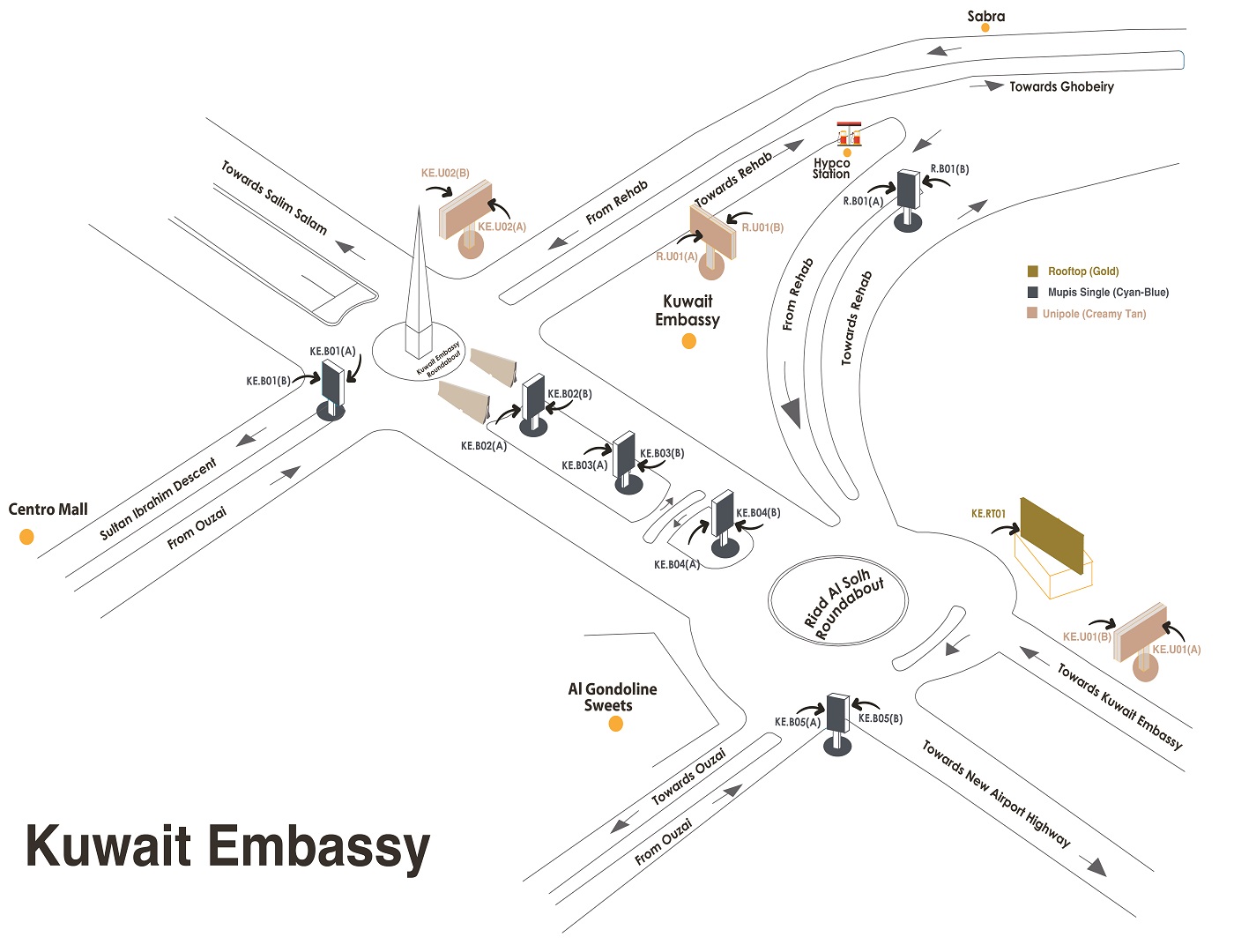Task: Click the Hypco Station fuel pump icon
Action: point(849,134)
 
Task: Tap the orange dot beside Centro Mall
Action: point(26,537)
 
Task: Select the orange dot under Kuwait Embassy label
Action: point(689,341)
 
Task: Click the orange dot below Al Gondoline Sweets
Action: point(616,724)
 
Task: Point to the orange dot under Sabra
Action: point(985,28)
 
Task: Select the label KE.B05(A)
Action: point(798,722)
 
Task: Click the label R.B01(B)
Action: point(949,169)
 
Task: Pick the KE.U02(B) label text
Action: point(445,174)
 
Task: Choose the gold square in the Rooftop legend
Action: point(1033,271)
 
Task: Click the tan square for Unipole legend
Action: point(1032,313)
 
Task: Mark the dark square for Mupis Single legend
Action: point(1033,292)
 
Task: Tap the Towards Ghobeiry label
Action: point(1061,86)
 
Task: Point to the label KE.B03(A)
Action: point(584,465)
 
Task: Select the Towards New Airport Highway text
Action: point(996,793)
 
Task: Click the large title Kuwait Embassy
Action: point(227,846)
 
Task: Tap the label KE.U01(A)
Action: point(1177,650)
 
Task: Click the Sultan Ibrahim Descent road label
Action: point(158,499)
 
